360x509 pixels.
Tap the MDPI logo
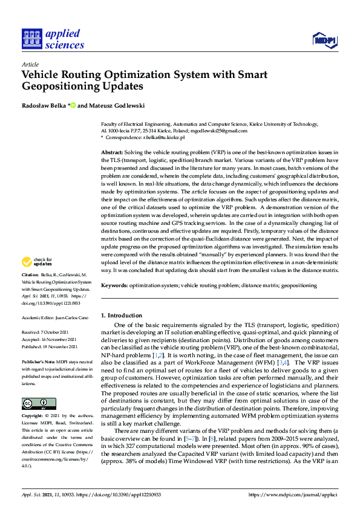(x=324, y=41)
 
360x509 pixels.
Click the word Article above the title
(x=30, y=64)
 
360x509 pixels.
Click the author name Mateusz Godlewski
(x=114, y=106)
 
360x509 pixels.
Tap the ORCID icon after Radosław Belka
(x=73, y=106)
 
